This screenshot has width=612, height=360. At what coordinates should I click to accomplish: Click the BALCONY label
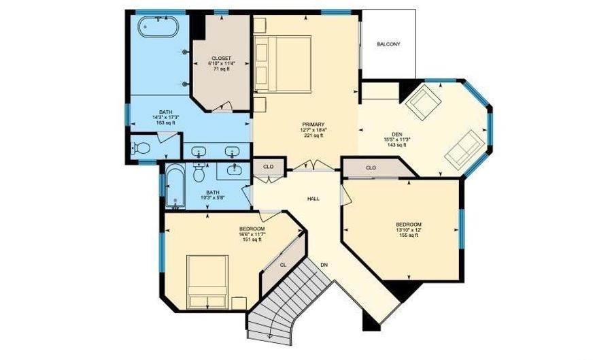pyautogui.click(x=388, y=45)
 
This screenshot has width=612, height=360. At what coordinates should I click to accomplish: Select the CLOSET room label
pyautogui.click(x=221, y=58)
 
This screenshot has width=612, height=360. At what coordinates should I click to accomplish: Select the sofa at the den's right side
pyautogui.click(x=464, y=148)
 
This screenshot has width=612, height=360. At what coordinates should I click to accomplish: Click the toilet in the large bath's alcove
pyautogui.click(x=141, y=148)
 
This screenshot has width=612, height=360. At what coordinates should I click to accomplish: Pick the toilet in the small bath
pyautogui.click(x=199, y=174)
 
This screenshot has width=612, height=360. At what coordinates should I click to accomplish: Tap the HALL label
pyautogui.click(x=313, y=199)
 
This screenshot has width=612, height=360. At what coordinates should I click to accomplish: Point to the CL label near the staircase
pyautogui.click(x=284, y=264)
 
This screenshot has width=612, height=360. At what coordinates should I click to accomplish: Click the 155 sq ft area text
pyautogui.click(x=409, y=235)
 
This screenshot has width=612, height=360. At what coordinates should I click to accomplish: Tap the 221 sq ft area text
pyautogui.click(x=313, y=135)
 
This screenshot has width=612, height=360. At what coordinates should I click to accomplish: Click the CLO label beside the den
pyautogui.click(x=371, y=167)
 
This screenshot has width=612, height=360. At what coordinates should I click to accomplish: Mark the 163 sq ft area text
pyautogui.click(x=166, y=123)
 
